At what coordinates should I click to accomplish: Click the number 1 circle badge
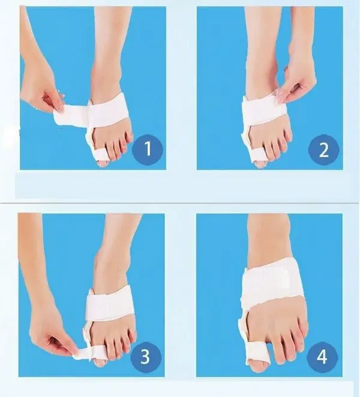(148, 149)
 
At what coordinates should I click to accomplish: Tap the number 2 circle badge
(323, 150)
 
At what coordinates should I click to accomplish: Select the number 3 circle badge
(146, 357)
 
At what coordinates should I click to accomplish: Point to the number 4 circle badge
(322, 357)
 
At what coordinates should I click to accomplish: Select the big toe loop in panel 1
(100, 155)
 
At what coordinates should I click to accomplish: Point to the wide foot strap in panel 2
(265, 109)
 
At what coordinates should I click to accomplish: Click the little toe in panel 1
(130, 137)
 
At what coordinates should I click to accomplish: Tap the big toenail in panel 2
(260, 164)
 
